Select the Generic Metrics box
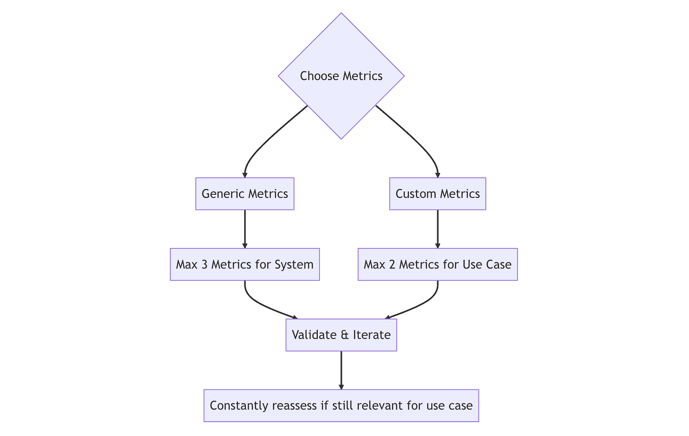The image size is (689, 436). (245, 194)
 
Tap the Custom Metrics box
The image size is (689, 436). (438, 194)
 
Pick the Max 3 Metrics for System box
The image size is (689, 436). (245, 265)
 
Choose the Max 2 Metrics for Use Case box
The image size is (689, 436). (438, 265)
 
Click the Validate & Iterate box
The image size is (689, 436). (341, 335)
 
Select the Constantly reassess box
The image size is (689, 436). (341, 406)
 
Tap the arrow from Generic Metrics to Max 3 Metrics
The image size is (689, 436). (245, 229)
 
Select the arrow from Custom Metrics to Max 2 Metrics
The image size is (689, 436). (438, 229)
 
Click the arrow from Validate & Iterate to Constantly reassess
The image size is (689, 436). (341, 370)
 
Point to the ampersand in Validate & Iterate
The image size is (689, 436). (344, 335)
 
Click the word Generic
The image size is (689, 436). (221, 194)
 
